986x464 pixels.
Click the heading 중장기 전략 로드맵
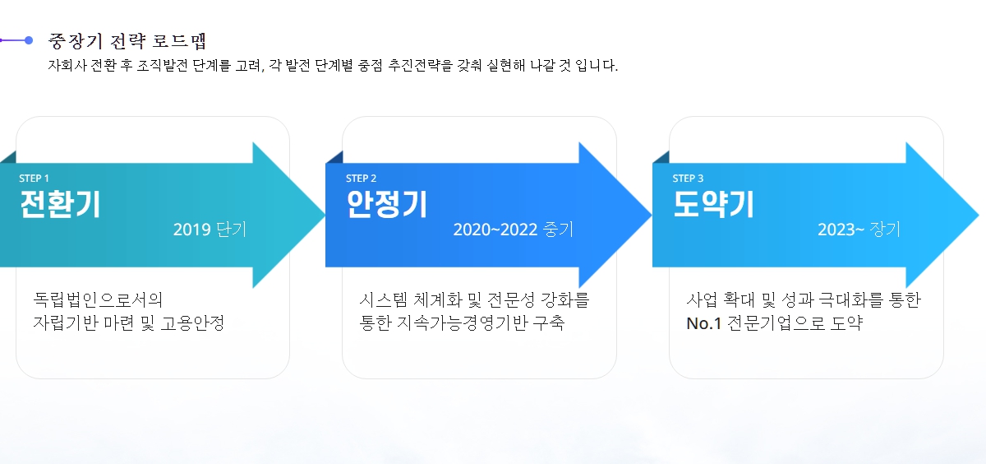coord(127,41)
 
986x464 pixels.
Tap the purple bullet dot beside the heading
coord(29,40)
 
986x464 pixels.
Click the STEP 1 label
coord(34,179)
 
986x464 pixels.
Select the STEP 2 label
coord(361,179)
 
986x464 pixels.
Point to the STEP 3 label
coord(688,179)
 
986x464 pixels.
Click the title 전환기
coord(60,204)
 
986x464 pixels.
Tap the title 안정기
coord(387,204)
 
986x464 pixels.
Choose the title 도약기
coord(713,204)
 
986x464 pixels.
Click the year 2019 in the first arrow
coord(192,230)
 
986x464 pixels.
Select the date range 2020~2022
coord(495,230)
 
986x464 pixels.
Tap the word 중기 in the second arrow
coord(558,230)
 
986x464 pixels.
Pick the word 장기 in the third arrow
coord(885,230)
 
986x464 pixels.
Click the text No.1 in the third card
coord(704,323)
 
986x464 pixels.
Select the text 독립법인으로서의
coord(98,300)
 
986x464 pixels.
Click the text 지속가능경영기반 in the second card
coord(462,323)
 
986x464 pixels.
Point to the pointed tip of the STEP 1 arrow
coord(325,215)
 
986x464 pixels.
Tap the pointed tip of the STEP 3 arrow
coord(979,215)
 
